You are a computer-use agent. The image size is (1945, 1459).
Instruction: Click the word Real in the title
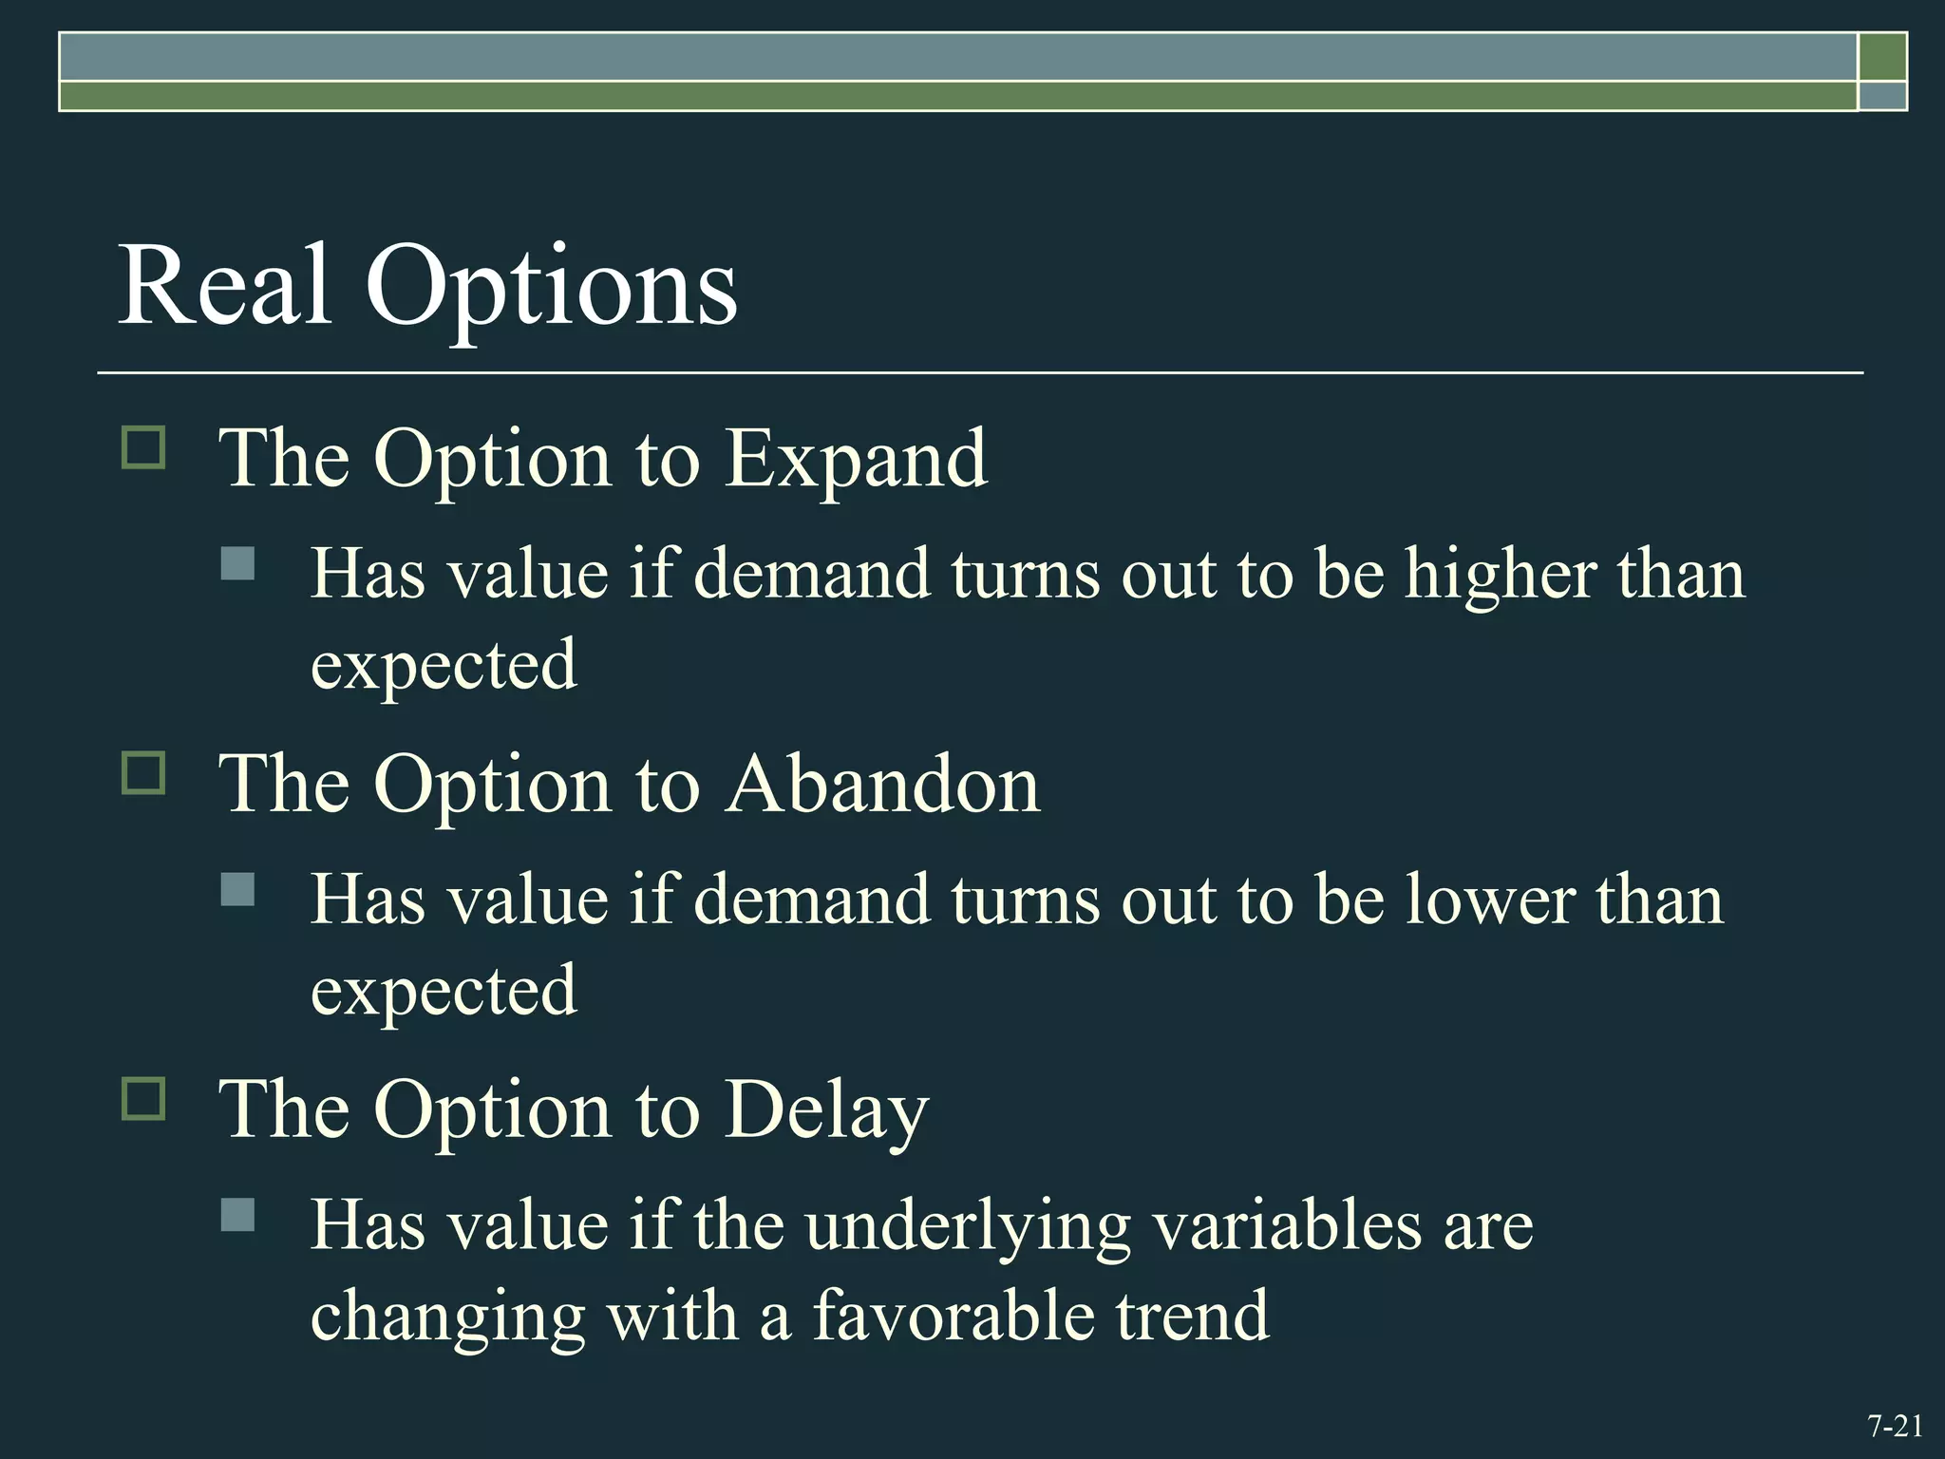coord(224,285)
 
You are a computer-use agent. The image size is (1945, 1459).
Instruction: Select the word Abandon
coord(882,786)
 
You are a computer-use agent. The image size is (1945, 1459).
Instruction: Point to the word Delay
coord(826,1111)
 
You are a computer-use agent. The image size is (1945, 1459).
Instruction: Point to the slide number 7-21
coord(1895,1426)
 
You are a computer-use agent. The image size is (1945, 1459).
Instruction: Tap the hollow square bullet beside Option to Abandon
coord(143,772)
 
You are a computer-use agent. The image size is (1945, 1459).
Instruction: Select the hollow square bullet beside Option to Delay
coord(143,1098)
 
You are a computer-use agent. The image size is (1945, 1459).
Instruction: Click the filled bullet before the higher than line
coord(237,563)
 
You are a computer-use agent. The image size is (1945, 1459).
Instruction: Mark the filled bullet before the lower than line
coord(237,889)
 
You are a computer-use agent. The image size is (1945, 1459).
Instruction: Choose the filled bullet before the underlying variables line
coord(237,1215)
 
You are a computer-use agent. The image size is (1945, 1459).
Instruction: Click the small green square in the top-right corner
coord(1882,57)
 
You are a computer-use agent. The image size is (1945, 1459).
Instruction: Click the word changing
coord(447,1318)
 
